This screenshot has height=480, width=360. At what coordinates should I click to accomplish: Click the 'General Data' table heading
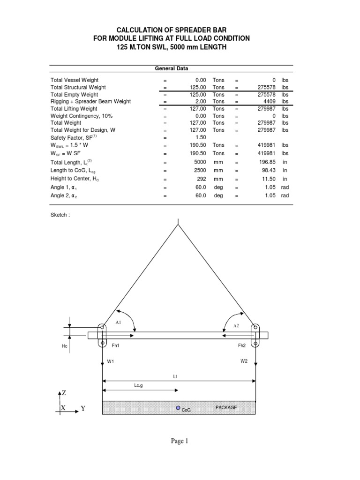(172, 68)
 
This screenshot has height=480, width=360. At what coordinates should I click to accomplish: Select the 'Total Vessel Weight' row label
(75, 80)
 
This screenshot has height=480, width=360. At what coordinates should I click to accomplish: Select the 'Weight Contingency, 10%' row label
(82, 115)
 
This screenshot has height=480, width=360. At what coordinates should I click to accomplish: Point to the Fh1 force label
(115, 345)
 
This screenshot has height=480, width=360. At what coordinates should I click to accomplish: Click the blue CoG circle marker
(178, 408)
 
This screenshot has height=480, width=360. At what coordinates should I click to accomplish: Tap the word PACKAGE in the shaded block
(226, 407)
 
